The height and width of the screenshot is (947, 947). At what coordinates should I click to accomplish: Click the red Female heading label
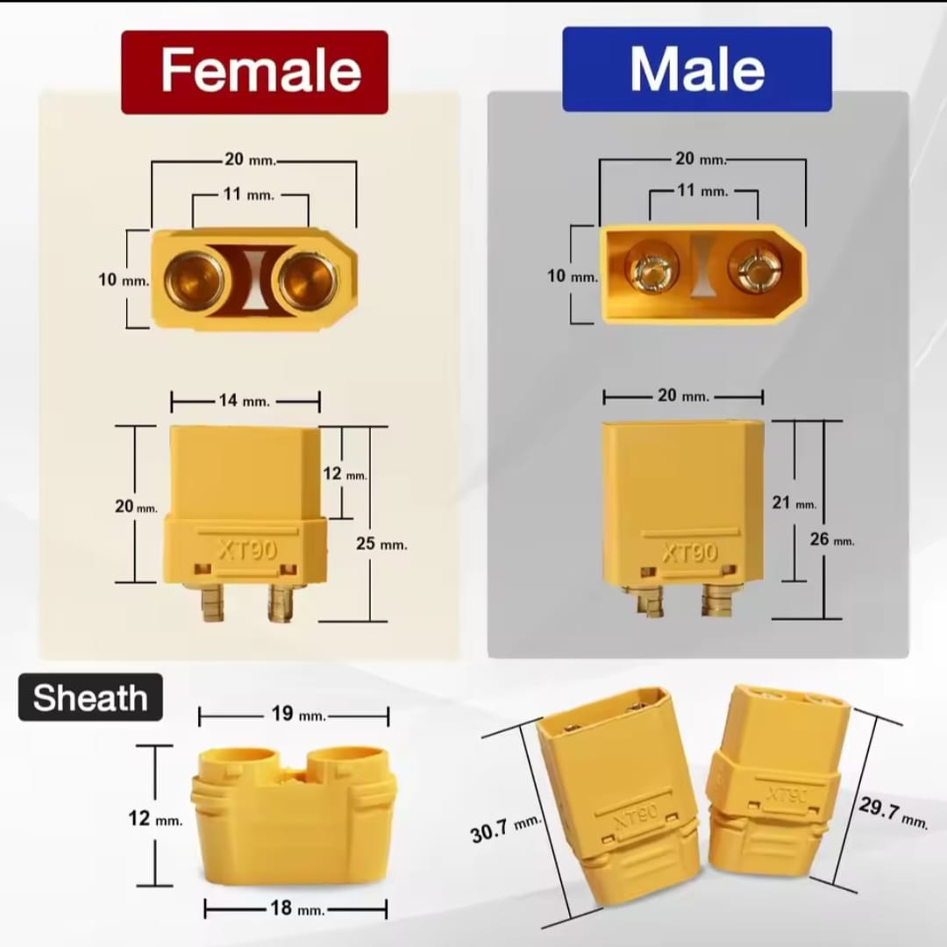254,72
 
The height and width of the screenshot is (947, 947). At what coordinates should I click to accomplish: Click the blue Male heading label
697,69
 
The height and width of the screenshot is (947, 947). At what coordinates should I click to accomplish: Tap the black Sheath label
90,698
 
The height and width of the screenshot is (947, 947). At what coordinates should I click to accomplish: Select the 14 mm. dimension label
245,401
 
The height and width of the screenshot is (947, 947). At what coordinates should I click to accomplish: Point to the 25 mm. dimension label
381,544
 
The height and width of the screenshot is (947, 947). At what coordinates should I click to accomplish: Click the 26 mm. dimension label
831,538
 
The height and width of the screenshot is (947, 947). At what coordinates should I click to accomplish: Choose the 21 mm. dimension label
794,502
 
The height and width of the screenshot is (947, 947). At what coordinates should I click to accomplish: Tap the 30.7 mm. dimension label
505,829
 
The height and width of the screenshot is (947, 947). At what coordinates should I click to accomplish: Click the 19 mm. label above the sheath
298,714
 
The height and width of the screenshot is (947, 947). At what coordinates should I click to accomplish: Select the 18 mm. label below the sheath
297,908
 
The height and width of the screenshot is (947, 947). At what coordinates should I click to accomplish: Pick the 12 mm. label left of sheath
154,818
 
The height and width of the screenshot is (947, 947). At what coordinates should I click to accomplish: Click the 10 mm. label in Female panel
124,280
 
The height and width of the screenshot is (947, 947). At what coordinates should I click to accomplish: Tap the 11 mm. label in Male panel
702,191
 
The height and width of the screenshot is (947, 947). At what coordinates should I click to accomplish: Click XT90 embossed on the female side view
247,550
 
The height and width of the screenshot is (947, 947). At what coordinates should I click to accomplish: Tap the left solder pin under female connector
212,602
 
